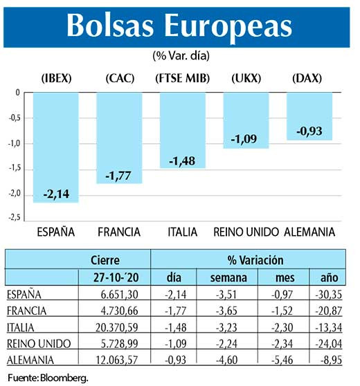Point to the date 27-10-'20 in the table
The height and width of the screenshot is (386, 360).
click(x=110, y=277)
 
